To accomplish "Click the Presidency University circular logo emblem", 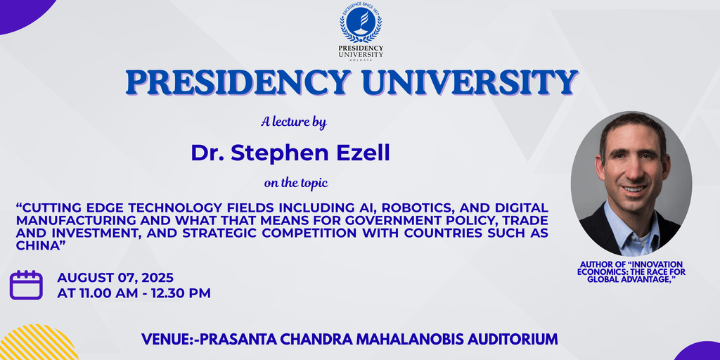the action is tap(361, 22).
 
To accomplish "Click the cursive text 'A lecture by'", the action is tap(294, 122).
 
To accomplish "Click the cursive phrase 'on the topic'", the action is tap(296, 184).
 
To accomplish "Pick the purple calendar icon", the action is tap(26, 285).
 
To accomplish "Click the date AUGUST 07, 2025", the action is tap(115, 278).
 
